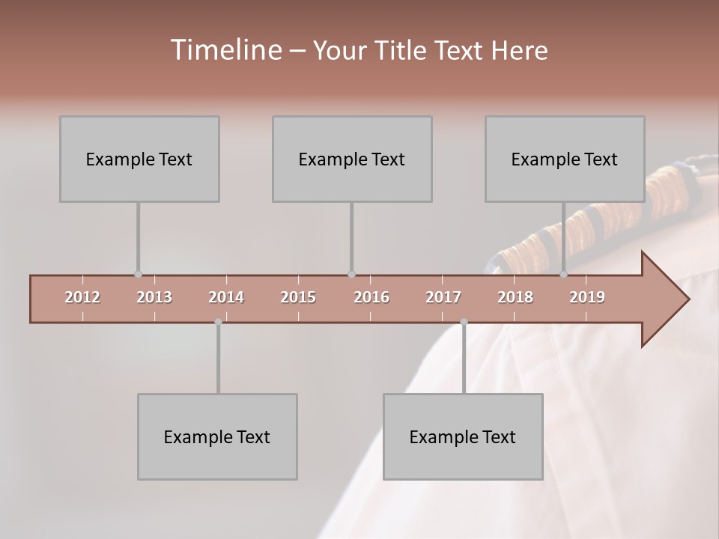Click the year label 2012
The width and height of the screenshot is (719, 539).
[x=82, y=297]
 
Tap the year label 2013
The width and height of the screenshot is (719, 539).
[x=154, y=297]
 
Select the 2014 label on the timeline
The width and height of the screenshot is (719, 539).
[x=226, y=297]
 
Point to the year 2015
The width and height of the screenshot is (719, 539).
[x=298, y=297]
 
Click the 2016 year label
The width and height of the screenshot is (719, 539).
[x=371, y=297]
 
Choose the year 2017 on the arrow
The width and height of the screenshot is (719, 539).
[x=443, y=297]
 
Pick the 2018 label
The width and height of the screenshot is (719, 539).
[x=515, y=297]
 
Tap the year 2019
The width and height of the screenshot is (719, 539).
[x=587, y=297]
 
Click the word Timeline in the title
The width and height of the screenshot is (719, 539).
[x=224, y=50]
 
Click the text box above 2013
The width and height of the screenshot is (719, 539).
[x=139, y=159]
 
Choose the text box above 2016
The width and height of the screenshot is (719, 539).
[x=352, y=159]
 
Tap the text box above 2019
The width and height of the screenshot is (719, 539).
[x=565, y=159]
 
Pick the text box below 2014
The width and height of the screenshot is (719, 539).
[x=217, y=436]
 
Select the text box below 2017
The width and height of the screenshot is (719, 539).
[x=463, y=436]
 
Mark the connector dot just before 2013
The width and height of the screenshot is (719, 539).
[x=138, y=275]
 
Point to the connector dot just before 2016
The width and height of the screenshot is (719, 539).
[x=352, y=275]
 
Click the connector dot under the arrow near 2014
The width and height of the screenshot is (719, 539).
[x=218, y=322]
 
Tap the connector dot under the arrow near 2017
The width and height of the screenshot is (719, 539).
[x=464, y=322]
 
